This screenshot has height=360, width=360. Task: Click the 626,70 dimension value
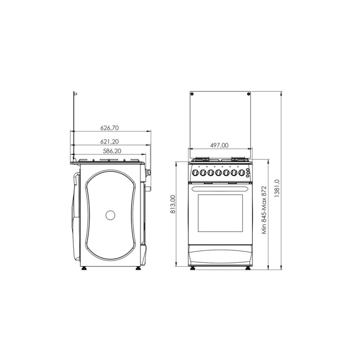pos(110,128)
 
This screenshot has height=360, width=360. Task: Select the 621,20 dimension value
pos(110,141)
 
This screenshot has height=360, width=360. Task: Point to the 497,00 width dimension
pos(219,146)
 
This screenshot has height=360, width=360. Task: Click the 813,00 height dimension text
pos(173,204)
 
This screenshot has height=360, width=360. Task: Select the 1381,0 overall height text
pos(277,188)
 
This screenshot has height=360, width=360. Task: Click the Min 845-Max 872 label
pos(264,210)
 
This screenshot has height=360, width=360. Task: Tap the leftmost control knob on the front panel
pos(195,172)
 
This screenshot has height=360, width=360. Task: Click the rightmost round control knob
pos(242,172)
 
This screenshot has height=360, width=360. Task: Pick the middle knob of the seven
pos(219,172)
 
